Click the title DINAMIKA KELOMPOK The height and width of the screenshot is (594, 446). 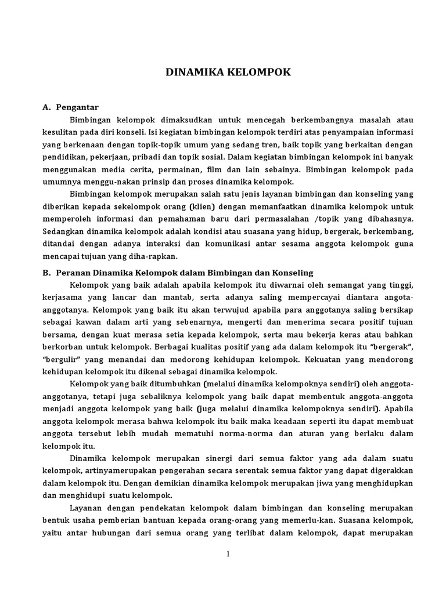(228, 73)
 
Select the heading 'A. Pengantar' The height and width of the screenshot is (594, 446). (71, 107)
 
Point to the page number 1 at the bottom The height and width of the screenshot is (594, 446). (228, 554)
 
